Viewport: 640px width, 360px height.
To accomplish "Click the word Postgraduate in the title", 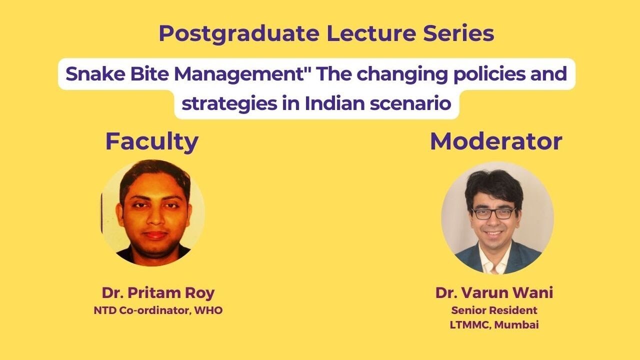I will tap(238, 34).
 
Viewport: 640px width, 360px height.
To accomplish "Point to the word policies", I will tap(480, 74).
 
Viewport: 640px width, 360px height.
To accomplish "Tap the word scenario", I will tap(412, 103).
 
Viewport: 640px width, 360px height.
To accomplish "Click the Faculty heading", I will tap(151, 141).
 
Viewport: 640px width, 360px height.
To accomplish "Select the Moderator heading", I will tap(496, 141).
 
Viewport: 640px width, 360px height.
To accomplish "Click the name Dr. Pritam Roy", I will tap(158, 292).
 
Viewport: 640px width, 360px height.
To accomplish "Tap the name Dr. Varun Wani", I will tap(494, 292).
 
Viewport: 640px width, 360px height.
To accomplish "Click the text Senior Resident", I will tap(494, 310).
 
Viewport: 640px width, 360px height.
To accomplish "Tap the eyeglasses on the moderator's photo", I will tap(493, 213).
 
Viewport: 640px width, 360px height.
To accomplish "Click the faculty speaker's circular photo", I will tap(152, 212).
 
